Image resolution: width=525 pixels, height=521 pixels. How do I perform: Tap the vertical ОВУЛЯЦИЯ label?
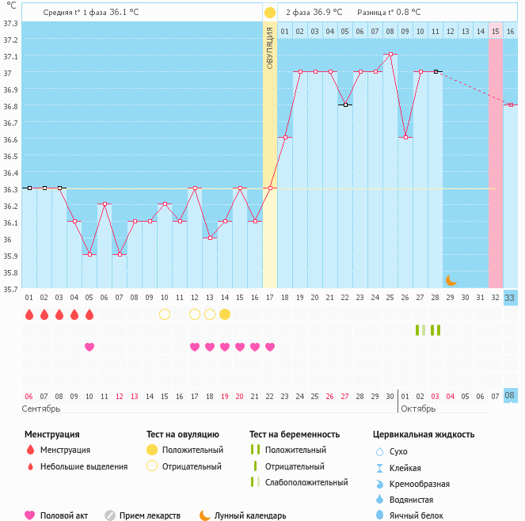point(270,48)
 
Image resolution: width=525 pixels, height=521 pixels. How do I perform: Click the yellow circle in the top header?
point(270,13)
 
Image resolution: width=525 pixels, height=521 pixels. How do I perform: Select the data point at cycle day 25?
point(390,55)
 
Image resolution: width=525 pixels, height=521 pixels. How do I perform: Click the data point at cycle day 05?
point(89,254)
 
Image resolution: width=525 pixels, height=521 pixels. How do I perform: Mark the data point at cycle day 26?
point(405,138)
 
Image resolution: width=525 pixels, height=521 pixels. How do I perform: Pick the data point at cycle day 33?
point(511,105)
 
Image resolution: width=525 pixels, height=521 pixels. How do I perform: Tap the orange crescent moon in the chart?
point(451,280)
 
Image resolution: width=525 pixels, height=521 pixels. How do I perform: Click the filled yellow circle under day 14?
point(225,314)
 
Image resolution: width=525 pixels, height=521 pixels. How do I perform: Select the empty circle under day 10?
point(165,314)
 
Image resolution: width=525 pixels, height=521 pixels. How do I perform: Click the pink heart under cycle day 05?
point(89,347)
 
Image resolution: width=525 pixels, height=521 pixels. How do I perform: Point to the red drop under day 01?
point(29,314)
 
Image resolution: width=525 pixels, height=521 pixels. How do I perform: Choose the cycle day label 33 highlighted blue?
point(511,298)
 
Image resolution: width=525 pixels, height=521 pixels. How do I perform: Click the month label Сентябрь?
point(41,409)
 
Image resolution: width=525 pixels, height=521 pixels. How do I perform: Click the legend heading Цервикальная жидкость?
point(424,435)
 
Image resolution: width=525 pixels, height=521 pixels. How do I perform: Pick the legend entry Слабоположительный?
point(306,482)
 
